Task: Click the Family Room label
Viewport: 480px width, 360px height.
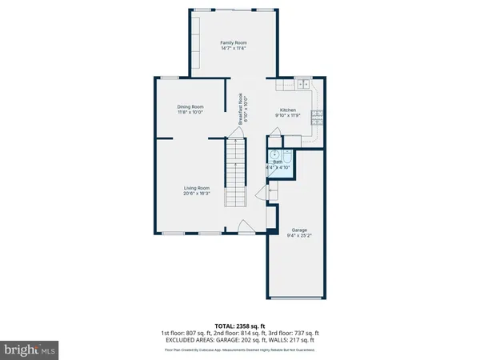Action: [234, 42]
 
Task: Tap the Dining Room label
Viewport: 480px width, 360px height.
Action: [190, 106]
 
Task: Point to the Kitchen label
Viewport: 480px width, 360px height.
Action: [287, 110]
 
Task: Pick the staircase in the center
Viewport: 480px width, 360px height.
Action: [234, 172]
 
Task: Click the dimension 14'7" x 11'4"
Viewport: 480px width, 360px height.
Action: [234, 48]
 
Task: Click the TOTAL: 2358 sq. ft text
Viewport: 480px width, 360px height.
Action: [240, 325]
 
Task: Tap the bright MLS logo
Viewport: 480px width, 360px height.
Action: [30, 349]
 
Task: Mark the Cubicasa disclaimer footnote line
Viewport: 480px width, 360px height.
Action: [240, 349]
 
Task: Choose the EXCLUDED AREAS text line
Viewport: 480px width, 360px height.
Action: [240, 339]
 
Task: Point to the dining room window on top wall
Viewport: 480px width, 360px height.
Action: [170, 77]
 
